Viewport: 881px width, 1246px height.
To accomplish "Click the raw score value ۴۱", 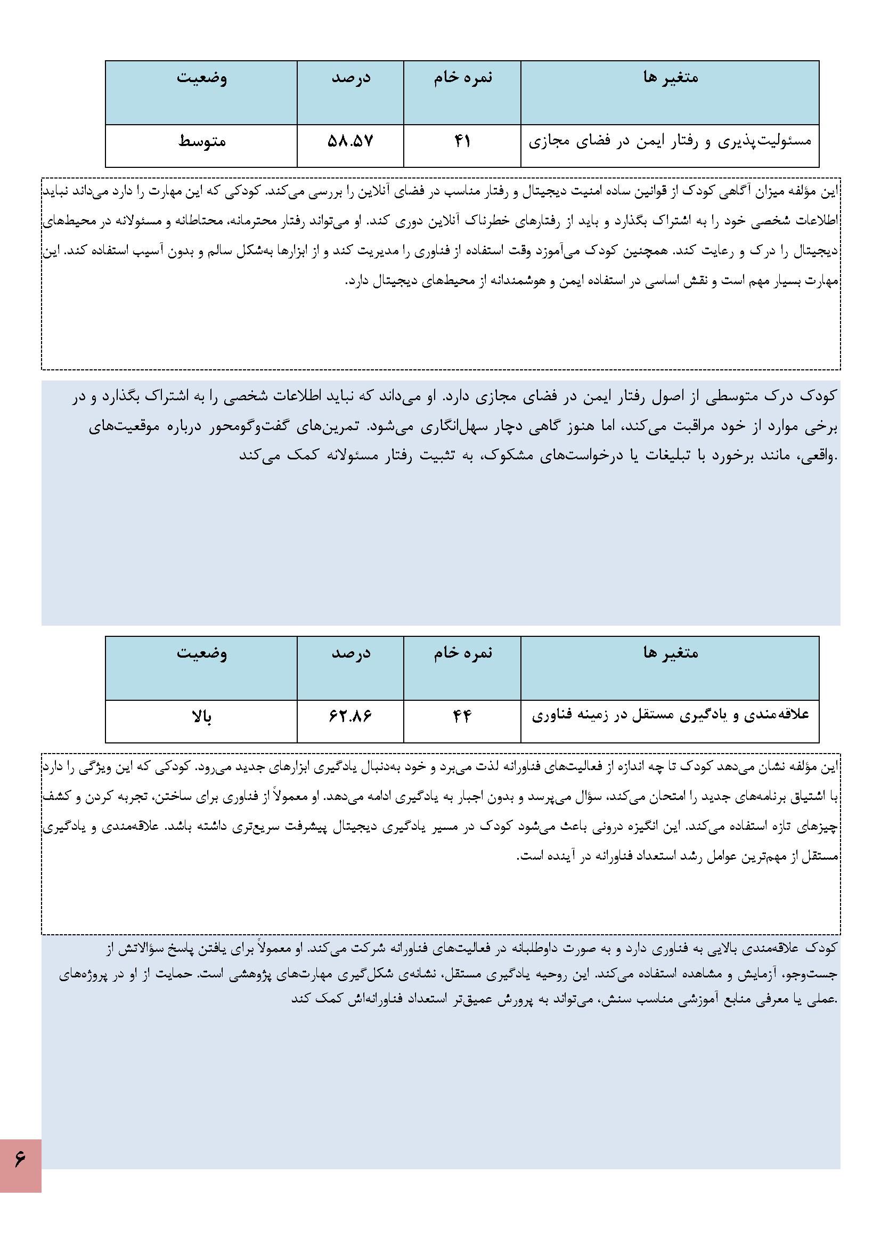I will click(x=462, y=142).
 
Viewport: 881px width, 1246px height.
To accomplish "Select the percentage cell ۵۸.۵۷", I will click(x=350, y=142).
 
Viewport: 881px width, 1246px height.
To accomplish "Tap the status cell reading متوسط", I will click(x=202, y=142).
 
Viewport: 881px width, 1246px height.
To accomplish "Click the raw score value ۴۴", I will click(x=462, y=717).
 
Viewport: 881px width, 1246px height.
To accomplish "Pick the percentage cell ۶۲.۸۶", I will click(x=350, y=717).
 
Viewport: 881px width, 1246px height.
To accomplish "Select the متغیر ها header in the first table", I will click(x=670, y=78).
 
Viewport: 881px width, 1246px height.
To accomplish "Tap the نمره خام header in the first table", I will click(x=462, y=78).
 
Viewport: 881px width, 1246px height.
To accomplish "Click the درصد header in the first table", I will click(x=350, y=78).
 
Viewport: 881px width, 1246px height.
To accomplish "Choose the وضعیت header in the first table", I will click(x=202, y=78).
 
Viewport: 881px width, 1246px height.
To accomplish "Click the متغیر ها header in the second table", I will click(x=670, y=653).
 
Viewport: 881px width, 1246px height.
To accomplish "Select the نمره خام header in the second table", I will click(x=462, y=653).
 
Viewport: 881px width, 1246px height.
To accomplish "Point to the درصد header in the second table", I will click(x=350, y=653).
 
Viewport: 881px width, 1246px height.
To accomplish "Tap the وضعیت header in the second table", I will click(x=202, y=653).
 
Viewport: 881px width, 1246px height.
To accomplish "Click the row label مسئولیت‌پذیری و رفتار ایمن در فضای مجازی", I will click(x=670, y=142).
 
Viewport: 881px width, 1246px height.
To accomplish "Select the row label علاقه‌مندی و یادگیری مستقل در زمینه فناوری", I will click(x=670, y=716).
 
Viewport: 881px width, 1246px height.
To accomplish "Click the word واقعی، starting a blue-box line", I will click(x=818, y=456).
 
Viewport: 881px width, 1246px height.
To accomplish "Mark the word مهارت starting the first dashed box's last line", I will click(x=826, y=281).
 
